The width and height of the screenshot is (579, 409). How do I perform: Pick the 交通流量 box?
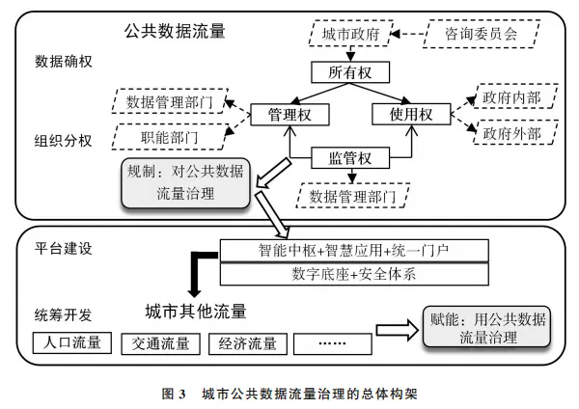click(x=161, y=343)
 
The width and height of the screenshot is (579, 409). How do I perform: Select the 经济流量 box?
click(x=249, y=343)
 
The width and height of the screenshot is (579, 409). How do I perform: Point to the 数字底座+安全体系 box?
click(x=346, y=274)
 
